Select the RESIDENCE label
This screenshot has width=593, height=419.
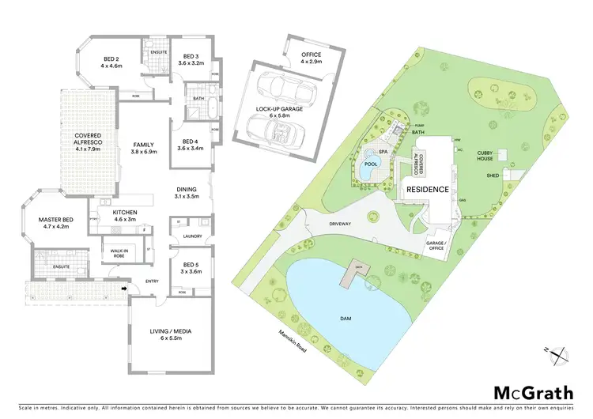click(x=428, y=190)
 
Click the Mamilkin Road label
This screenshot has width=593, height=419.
click(x=292, y=339)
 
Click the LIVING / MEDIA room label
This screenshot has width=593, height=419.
click(x=172, y=334)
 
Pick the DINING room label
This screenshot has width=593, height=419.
click(x=187, y=191)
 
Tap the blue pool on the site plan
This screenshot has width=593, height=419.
click(x=368, y=168)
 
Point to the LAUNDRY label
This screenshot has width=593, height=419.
click(x=191, y=236)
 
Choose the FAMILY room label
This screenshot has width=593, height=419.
click(x=143, y=148)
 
